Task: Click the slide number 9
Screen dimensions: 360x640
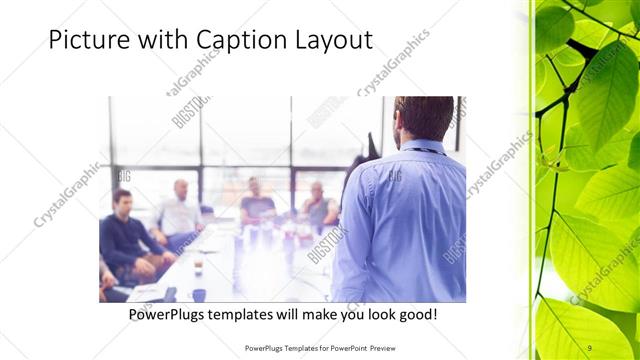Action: click(590, 347)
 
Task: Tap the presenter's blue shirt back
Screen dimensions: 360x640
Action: click(410, 220)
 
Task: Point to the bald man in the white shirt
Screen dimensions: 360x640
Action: click(179, 210)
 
